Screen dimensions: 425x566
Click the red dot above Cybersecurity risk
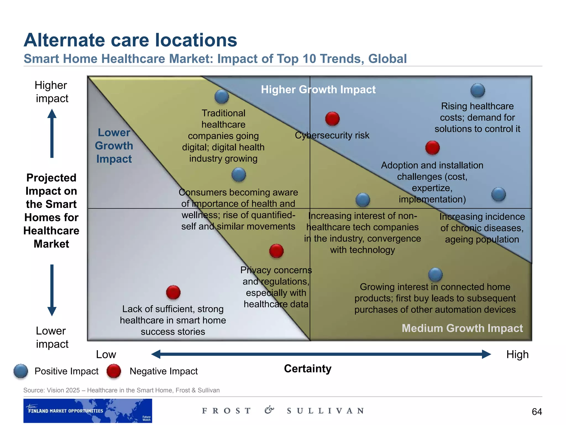click(x=332, y=119)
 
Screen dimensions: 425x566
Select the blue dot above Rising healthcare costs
click(x=478, y=90)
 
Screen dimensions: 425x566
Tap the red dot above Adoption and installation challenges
click(x=433, y=148)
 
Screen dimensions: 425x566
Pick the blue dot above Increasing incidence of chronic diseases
click(x=499, y=194)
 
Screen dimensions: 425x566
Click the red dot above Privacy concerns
click(x=276, y=251)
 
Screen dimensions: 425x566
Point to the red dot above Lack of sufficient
click(x=173, y=292)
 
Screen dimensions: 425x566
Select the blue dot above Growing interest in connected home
click(x=435, y=274)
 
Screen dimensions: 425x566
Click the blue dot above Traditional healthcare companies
click(x=222, y=97)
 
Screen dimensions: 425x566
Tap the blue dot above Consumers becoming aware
click(x=239, y=175)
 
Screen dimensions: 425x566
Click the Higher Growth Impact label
click(x=318, y=90)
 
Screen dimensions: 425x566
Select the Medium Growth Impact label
click(x=462, y=328)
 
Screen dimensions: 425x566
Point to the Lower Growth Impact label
click(x=114, y=146)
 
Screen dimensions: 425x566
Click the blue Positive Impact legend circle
click(x=21, y=371)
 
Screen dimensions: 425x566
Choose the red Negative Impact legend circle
click(x=114, y=371)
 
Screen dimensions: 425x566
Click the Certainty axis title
click(x=308, y=369)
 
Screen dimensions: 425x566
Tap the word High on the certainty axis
click(x=517, y=354)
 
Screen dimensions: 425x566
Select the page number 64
click(x=537, y=412)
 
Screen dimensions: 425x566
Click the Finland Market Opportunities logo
click(x=88, y=411)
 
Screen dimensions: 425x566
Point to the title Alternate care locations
click(x=130, y=40)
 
